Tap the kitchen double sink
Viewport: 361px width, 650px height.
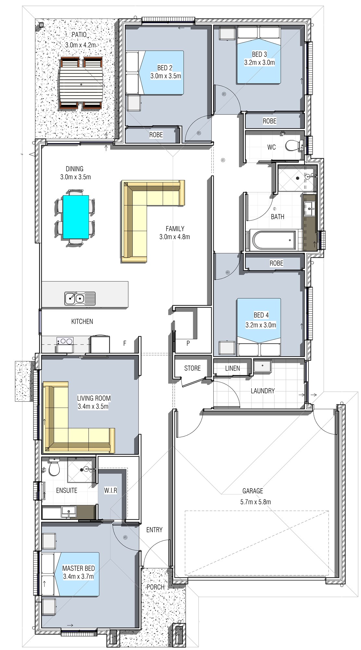pyautogui.click(x=80, y=298)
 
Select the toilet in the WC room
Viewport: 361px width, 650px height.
pyautogui.click(x=294, y=145)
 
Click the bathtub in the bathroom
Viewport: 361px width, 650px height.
pyautogui.click(x=274, y=240)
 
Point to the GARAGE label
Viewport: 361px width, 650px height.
pyautogui.click(x=253, y=491)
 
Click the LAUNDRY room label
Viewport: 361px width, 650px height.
pyautogui.click(x=263, y=391)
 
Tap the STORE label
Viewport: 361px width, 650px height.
pyautogui.click(x=193, y=368)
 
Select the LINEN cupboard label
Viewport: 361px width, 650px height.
pyautogui.click(x=232, y=368)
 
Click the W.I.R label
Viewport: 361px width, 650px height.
pyautogui.click(x=111, y=490)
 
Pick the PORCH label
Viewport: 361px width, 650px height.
pyautogui.click(x=156, y=587)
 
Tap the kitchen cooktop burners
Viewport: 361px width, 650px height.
pyautogui.click(x=65, y=341)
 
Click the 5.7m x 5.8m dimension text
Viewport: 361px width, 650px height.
pyautogui.click(x=255, y=502)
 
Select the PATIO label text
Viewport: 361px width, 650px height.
pyautogui.click(x=79, y=34)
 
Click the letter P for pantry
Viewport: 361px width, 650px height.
pyautogui.click(x=188, y=343)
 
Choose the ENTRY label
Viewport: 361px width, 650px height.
pyautogui.click(x=154, y=530)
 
